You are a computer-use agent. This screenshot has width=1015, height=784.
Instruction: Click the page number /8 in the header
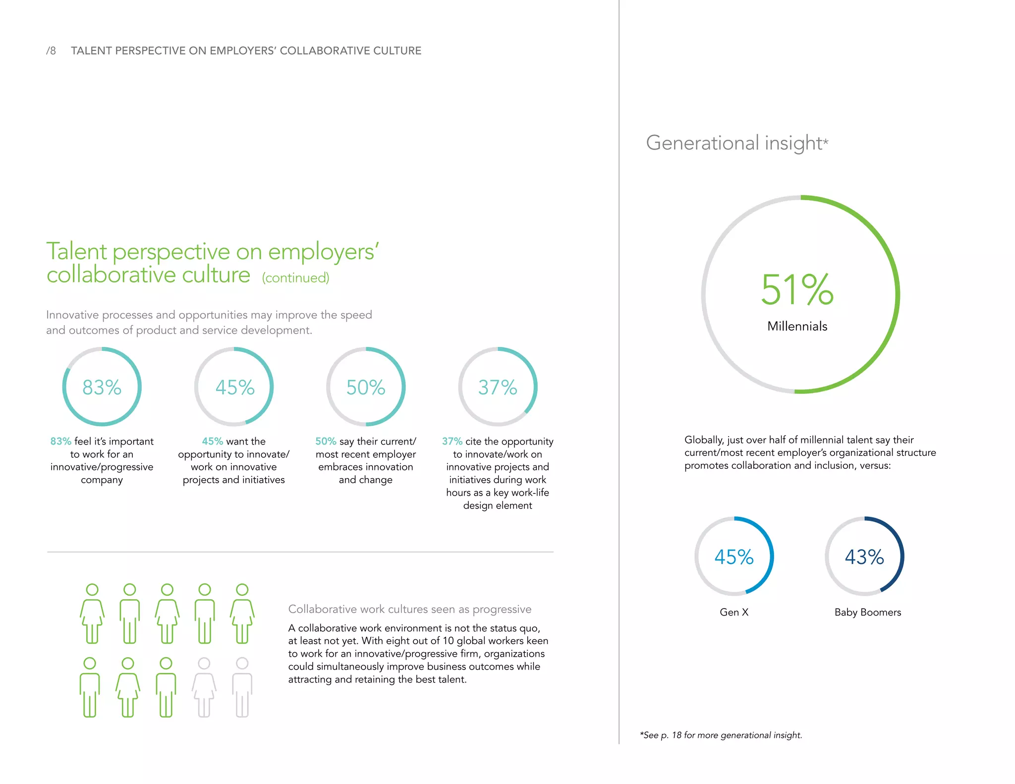coord(51,51)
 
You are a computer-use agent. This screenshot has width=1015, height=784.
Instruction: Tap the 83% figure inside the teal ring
coord(102,387)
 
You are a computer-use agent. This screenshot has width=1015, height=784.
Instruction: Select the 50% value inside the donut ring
coord(366,387)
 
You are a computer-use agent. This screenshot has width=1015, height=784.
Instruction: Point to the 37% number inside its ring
coord(498,387)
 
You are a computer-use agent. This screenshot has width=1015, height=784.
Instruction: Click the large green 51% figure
coord(797,290)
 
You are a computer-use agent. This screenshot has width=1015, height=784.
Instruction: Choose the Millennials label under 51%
coord(797,326)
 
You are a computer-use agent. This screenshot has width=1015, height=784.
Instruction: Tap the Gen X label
coord(734,612)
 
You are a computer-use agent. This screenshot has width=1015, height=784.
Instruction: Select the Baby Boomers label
coord(867,612)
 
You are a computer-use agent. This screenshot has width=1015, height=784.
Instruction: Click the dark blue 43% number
coord(864,557)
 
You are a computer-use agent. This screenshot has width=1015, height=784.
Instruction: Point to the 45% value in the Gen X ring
coord(734,557)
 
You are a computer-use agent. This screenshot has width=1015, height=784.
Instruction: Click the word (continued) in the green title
coord(295,278)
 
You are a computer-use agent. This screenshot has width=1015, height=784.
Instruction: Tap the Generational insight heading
coord(736,143)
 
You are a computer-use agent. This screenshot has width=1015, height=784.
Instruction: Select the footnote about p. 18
coord(721,735)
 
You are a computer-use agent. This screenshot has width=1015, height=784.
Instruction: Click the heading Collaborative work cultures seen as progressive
coord(409,609)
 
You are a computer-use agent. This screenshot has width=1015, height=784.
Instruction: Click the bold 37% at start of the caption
coord(452,441)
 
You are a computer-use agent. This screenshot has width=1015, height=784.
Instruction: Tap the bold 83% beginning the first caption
coord(60,441)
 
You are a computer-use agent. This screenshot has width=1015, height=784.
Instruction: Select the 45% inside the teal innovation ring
coord(234,387)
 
